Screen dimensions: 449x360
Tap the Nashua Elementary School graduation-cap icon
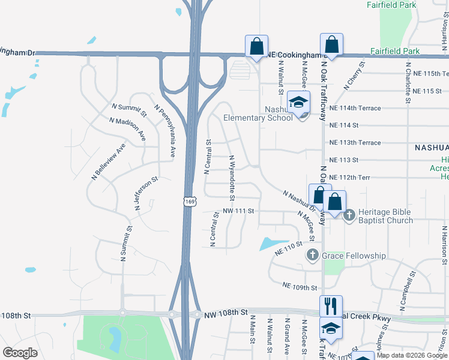tap(298, 103)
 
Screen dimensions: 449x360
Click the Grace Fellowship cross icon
tap(312, 256)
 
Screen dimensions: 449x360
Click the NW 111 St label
tap(238, 211)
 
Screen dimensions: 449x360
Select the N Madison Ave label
tap(127, 129)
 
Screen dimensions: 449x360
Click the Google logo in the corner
tap(20, 353)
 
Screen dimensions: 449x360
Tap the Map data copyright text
tap(412, 355)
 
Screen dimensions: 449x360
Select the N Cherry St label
tap(355, 76)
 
